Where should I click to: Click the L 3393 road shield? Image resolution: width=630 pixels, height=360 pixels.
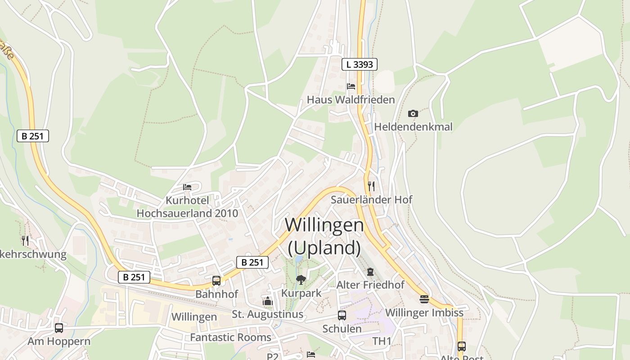click(x=359, y=64)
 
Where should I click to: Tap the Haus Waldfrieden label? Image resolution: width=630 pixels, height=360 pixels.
click(x=351, y=99)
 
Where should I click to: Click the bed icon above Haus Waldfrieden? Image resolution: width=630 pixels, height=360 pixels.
click(x=351, y=86)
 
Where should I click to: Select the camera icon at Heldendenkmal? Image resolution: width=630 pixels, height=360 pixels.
click(x=413, y=114)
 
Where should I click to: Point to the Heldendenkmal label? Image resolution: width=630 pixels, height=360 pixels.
click(x=413, y=127)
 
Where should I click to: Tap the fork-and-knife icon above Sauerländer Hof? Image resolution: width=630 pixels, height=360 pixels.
click(x=371, y=186)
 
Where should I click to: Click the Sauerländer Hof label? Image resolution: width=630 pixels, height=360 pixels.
click(x=371, y=199)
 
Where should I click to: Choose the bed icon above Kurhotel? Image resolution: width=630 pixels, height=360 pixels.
click(x=187, y=187)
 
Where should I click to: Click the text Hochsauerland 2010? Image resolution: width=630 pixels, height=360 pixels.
click(x=187, y=213)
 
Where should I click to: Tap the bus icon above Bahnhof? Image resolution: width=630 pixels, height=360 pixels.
click(x=216, y=281)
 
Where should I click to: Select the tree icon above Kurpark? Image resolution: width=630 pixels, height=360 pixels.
click(x=301, y=280)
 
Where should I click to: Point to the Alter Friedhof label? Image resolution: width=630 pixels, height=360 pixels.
click(x=370, y=285)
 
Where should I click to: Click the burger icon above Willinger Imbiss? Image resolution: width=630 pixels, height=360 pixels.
click(x=424, y=299)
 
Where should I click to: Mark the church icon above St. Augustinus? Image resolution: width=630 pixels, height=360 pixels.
click(x=268, y=301)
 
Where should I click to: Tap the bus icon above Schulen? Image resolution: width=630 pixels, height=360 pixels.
click(x=342, y=315)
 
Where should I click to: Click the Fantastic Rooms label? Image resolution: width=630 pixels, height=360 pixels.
click(x=230, y=337)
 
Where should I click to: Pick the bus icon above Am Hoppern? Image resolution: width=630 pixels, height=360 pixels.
click(x=59, y=328)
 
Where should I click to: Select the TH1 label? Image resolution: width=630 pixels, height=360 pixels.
click(x=382, y=341)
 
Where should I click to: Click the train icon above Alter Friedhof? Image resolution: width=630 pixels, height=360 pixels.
click(x=370, y=272)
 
